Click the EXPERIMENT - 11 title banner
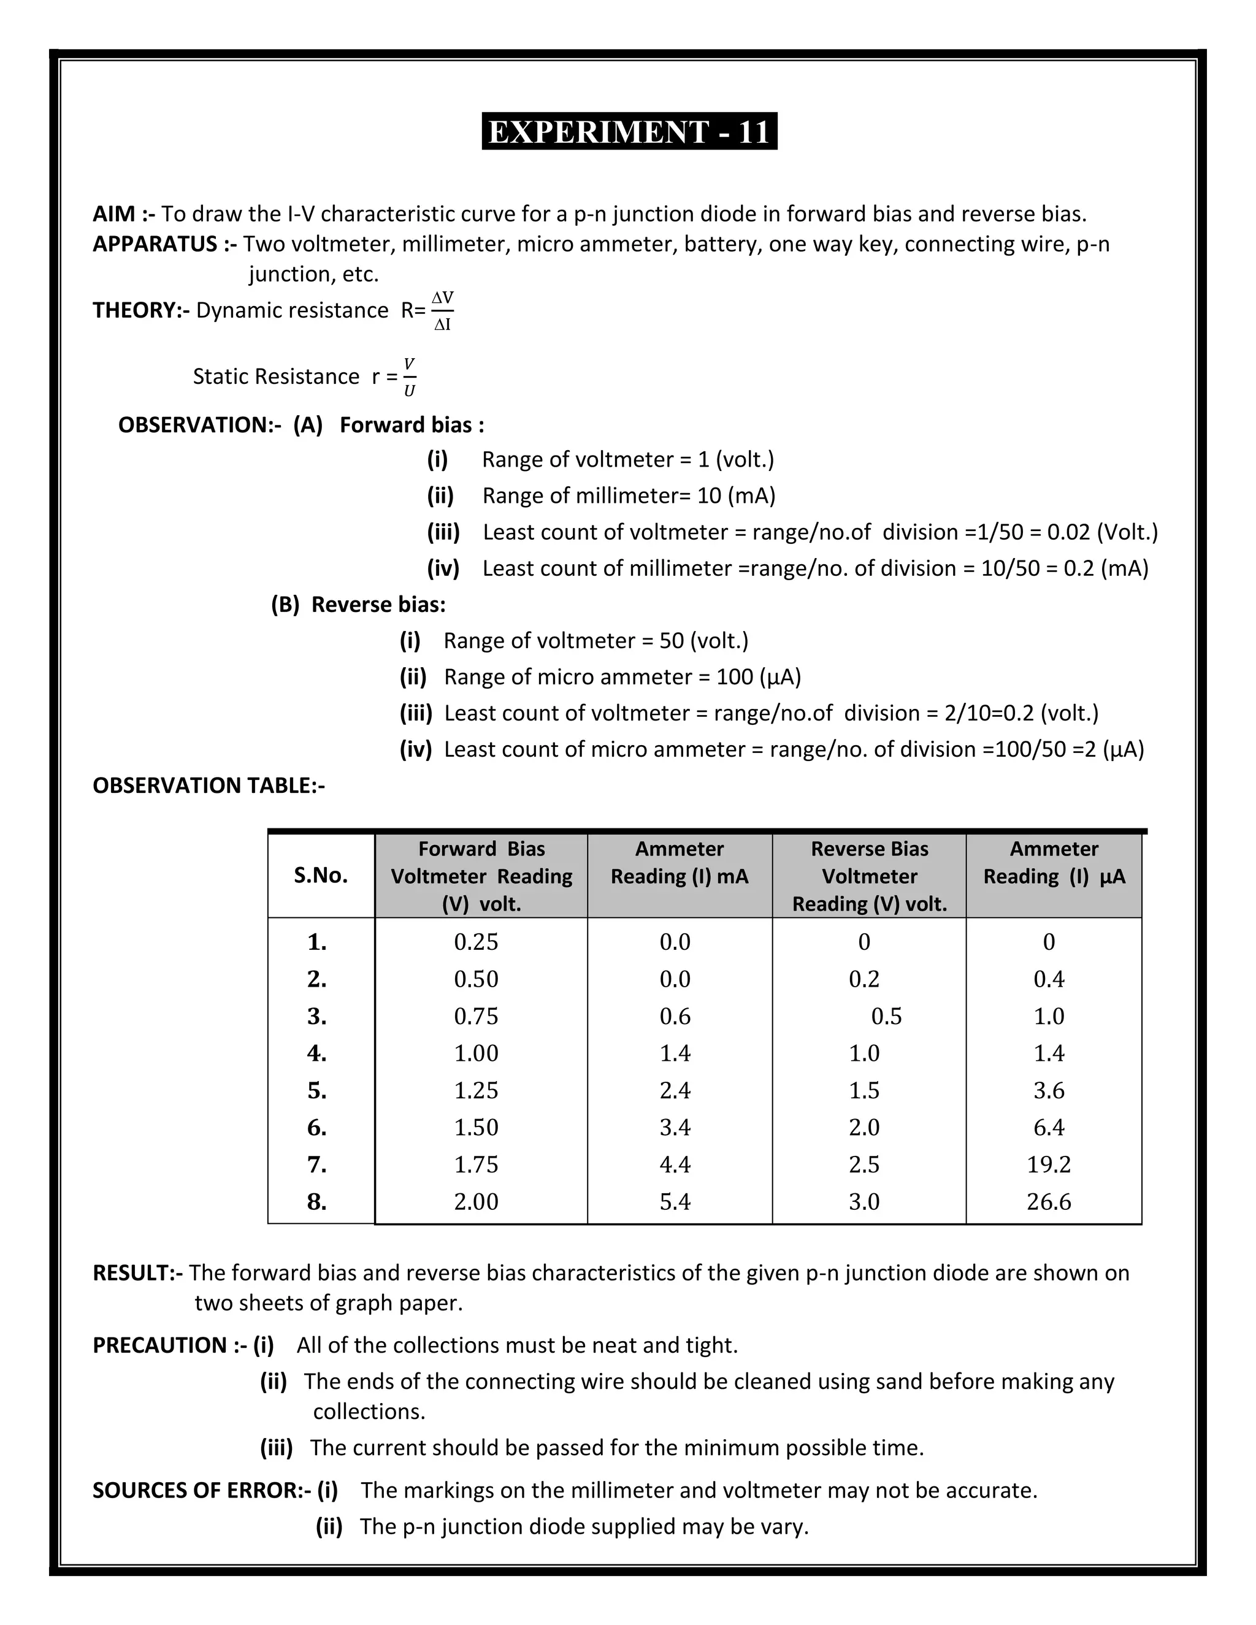pos(629,132)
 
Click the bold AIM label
pos(123,214)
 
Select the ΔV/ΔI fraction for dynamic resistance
pos(443,311)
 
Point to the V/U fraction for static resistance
pos(409,377)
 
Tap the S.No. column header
pos(321,876)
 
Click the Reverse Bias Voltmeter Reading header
pos(869,876)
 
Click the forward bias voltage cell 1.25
pos(476,1091)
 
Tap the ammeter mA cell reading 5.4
pos(675,1202)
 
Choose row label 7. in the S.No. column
pos(317,1164)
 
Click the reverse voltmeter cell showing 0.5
pos(886,1016)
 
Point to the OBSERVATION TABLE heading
pos(209,786)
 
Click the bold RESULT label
pos(137,1273)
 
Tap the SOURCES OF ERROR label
pos(201,1490)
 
